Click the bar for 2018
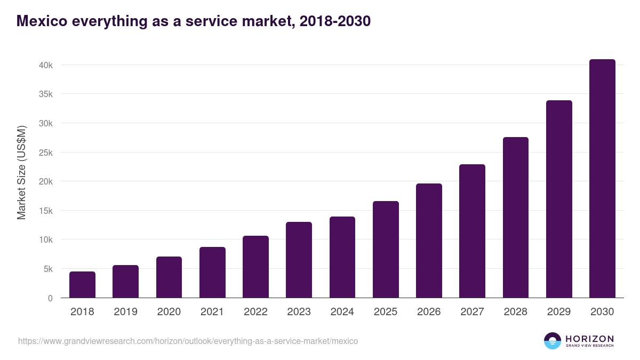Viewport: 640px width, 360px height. [82, 285]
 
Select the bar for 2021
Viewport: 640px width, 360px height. [212, 273]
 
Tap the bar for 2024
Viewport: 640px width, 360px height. [342, 257]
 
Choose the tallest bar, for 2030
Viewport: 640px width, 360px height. [602, 179]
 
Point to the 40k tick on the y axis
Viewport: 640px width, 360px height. [45, 65]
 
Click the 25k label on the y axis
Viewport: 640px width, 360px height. [45, 153]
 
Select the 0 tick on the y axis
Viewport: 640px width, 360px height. [50, 298]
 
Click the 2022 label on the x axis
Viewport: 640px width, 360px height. [255, 312]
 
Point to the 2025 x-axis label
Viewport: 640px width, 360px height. [386, 312]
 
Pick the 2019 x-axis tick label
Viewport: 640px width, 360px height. [125, 312]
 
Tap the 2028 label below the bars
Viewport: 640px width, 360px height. [516, 312]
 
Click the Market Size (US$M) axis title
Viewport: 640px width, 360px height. [21, 173]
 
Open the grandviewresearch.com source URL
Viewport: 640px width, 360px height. [188, 341]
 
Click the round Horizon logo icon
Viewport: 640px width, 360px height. [553, 341]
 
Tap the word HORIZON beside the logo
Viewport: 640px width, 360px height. [589, 339]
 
